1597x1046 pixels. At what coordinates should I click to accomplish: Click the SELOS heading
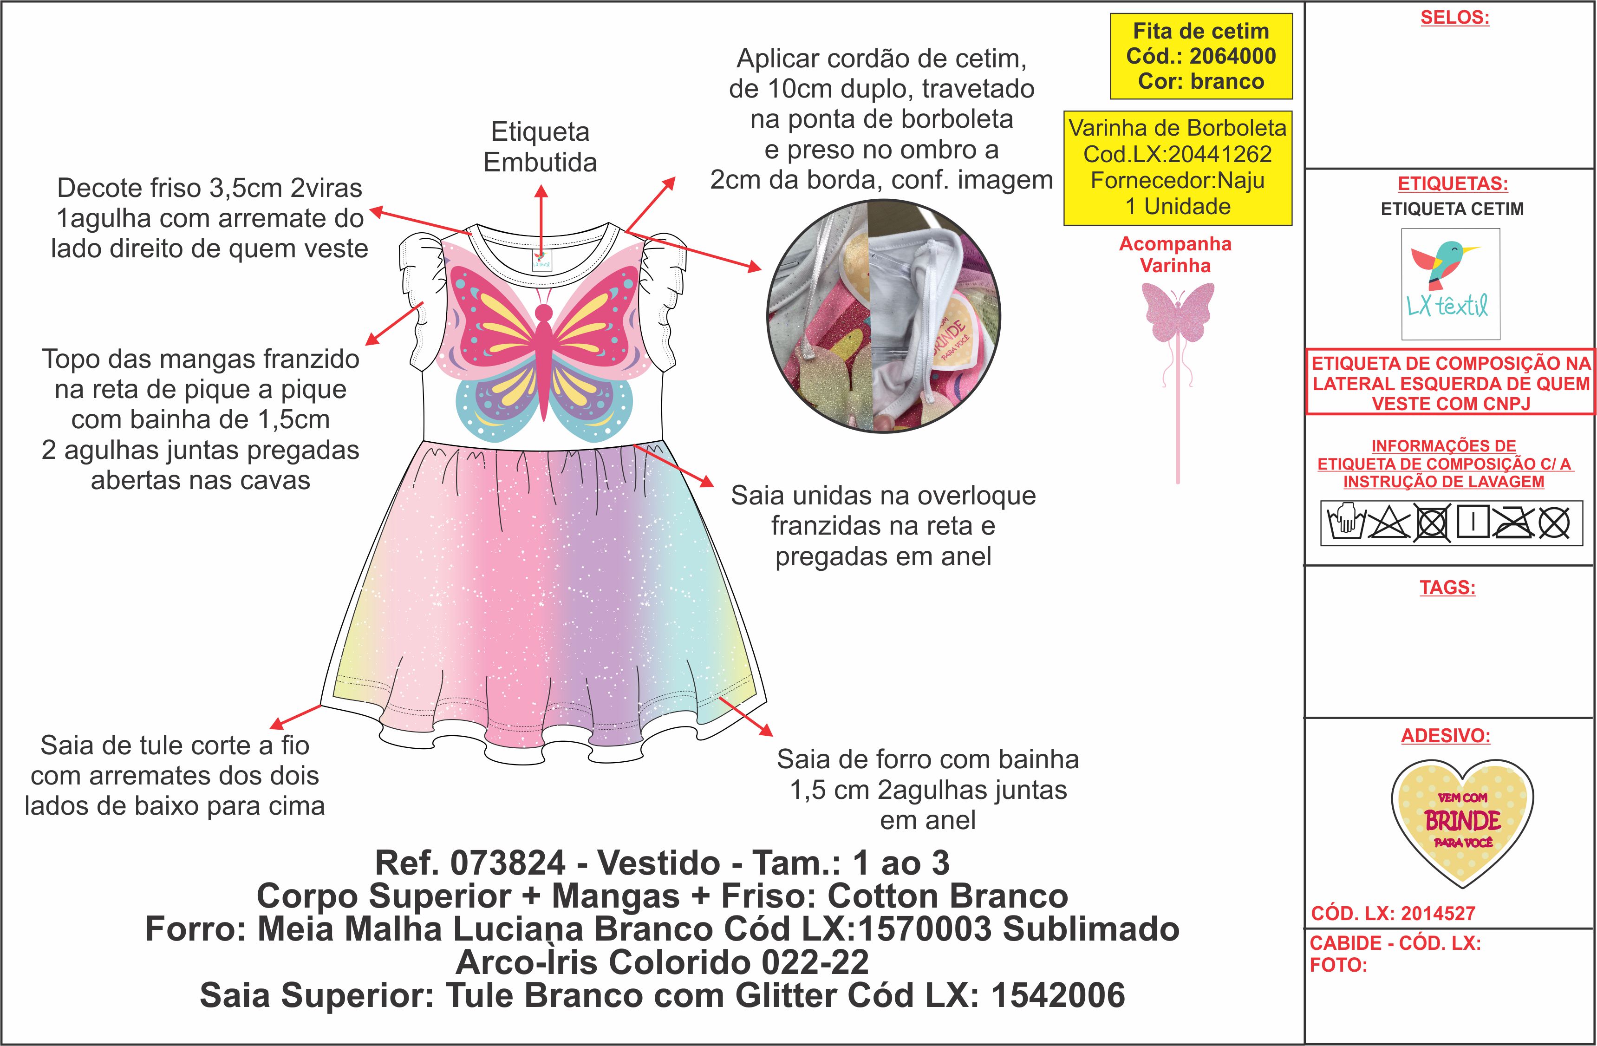tap(1454, 18)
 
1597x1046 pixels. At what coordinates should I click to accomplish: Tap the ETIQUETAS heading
tap(1452, 184)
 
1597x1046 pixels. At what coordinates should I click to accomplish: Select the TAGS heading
tap(1447, 588)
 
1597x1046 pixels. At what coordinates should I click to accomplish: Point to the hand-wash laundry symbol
tap(1347, 523)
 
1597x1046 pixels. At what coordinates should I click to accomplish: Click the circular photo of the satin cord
tap(883, 316)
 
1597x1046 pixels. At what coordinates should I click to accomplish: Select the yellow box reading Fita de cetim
tap(1200, 56)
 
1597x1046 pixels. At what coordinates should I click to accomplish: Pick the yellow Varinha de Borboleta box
tap(1178, 167)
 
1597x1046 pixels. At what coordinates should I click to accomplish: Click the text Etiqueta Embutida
tap(540, 147)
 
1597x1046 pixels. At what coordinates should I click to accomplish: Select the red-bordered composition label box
tap(1450, 382)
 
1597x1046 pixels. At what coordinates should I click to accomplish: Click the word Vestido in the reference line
tap(659, 863)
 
